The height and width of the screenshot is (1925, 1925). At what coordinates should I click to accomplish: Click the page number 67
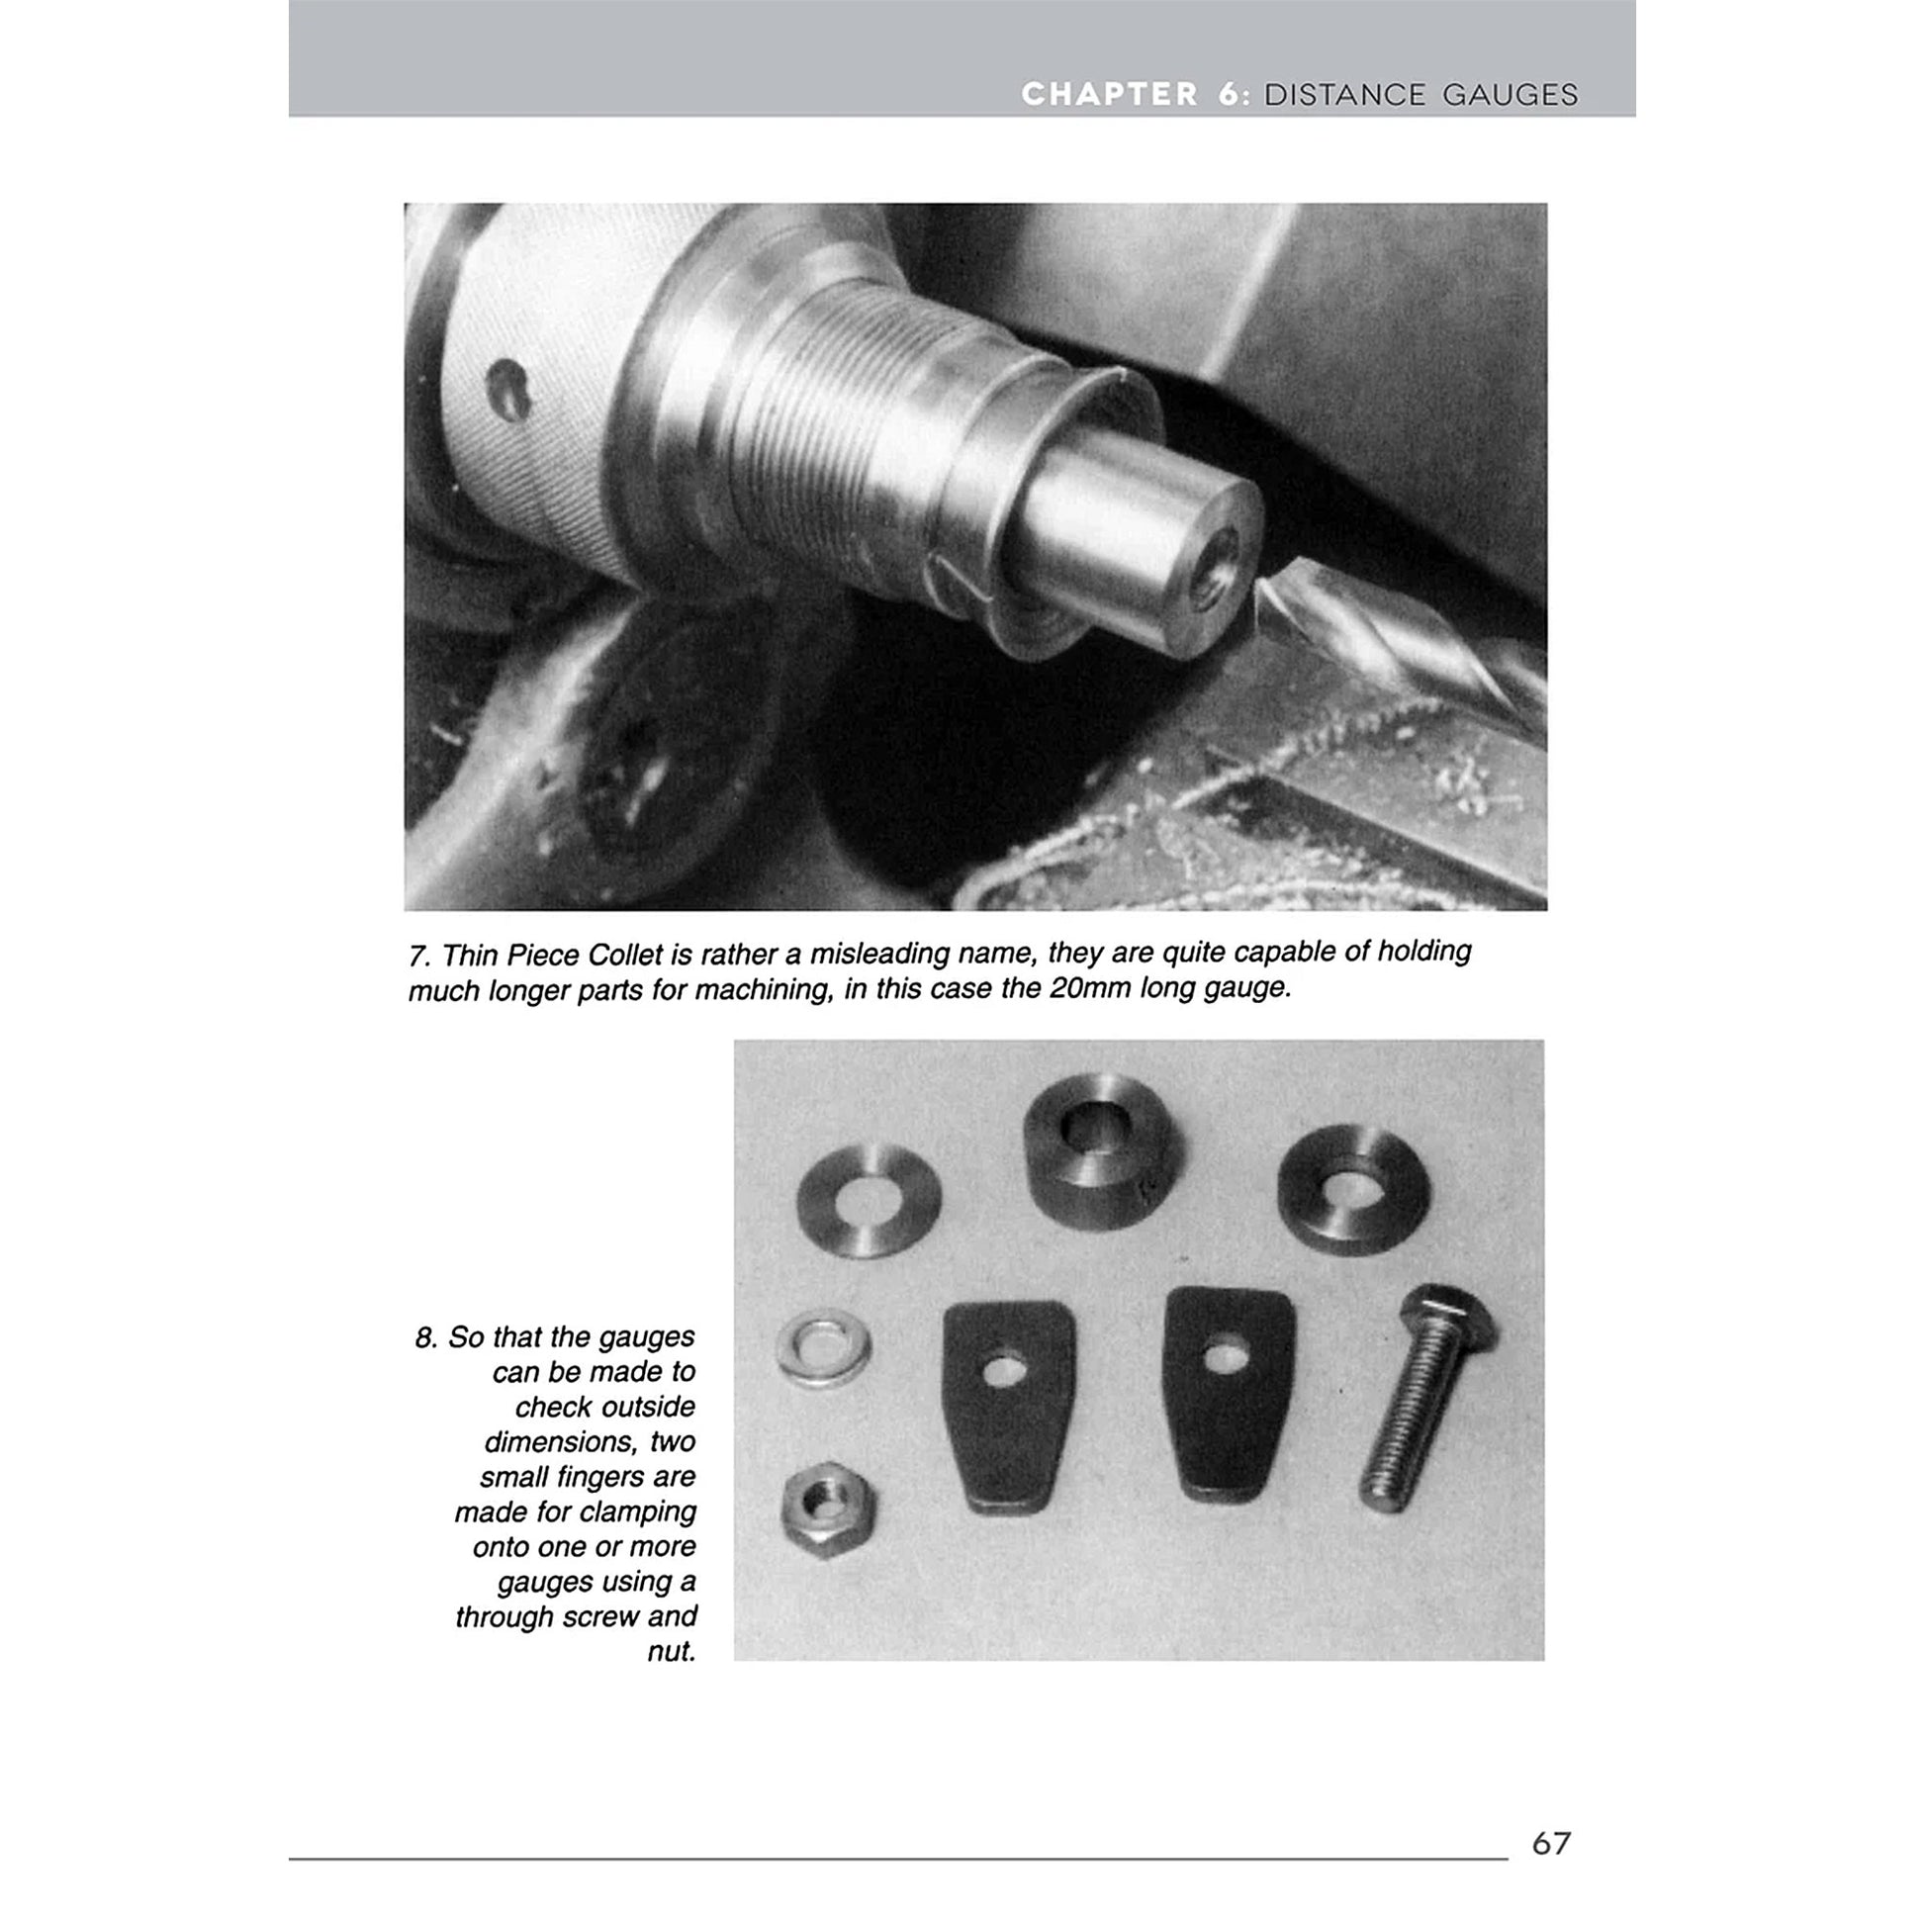pyautogui.click(x=1550, y=1842)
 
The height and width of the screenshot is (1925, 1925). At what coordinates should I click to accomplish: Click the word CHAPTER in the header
pyautogui.click(x=1109, y=95)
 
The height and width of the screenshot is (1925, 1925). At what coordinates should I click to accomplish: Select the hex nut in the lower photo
pyautogui.click(x=828, y=1515)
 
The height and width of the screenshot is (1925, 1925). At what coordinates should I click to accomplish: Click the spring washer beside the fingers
pyautogui.click(x=824, y=1350)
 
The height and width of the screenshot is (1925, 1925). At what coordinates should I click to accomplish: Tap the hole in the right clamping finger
pyautogui.click(x=1226, y=1356)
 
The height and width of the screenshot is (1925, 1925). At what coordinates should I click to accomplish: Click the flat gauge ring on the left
pyautogui.click(x=869, y=1200)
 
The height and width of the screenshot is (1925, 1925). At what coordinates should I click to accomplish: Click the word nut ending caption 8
pyautogui.click(x=672, y=1651)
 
